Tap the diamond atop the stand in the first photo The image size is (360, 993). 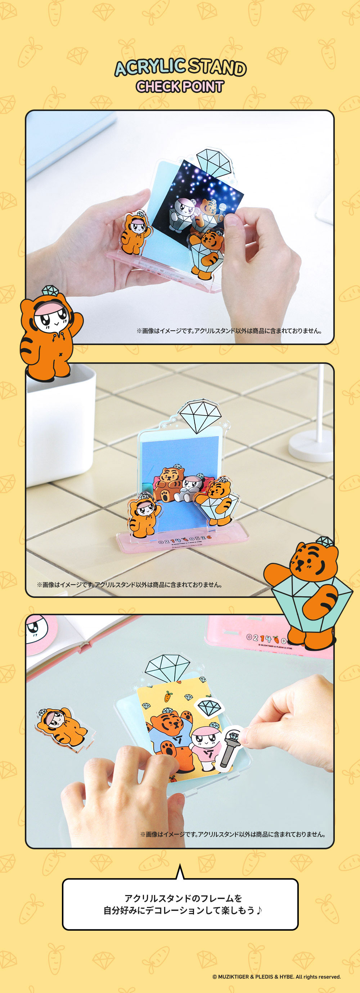tap(215, 161)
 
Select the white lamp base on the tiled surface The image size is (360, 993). tap(310, 446)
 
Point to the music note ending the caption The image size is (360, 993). tap(259, 911)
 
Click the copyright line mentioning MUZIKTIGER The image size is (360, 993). tap(276, 976)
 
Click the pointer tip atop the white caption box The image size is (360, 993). tap(180, 865)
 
